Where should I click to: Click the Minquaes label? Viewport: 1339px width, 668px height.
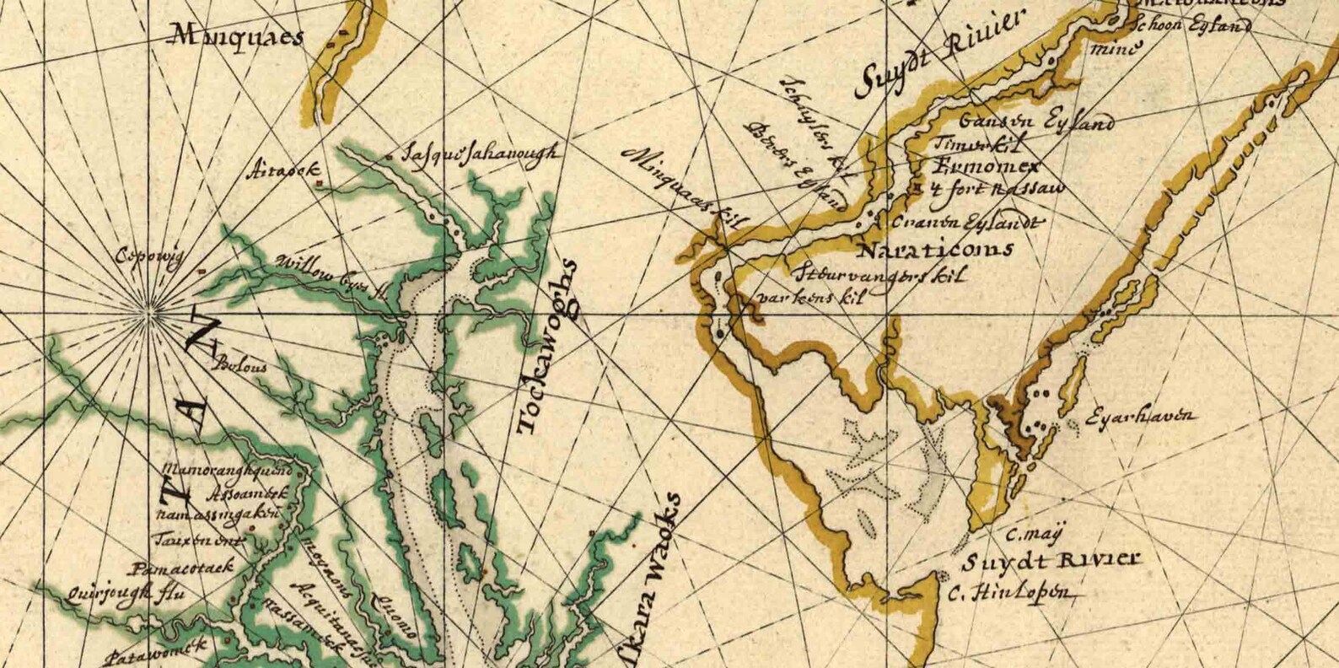pyautogui.click(x=237, y=36)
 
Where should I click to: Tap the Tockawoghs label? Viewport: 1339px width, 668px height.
pyautogui.click(x=548, y=347)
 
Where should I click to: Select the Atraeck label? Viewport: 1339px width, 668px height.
pyautogui.click(x=283, y=171)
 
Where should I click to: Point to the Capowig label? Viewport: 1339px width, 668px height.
pyautogui.click(x=149, y=256)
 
